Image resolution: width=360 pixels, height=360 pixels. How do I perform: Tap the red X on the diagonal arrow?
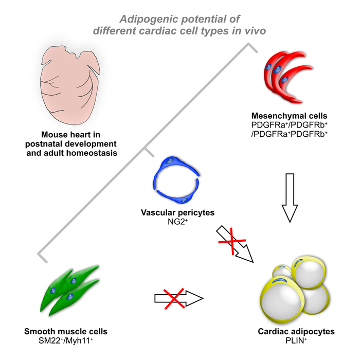(x=229, y=240)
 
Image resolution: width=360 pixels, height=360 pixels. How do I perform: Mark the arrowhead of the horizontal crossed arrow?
(x=196, y=297)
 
